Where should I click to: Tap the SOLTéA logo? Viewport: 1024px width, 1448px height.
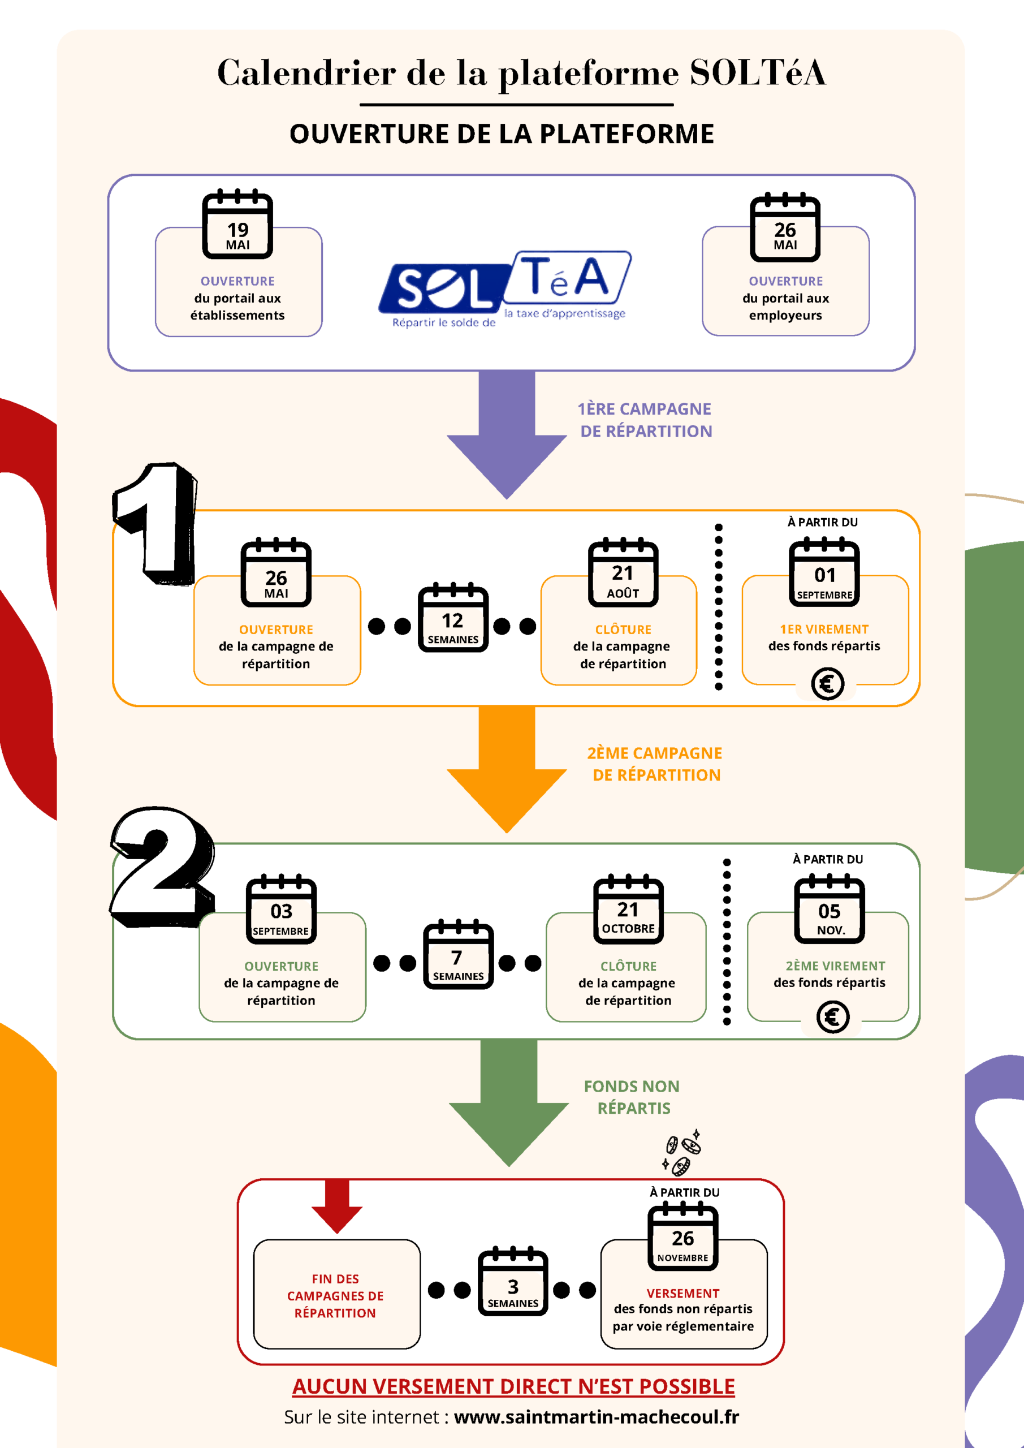pyautogui.click(x=504, y=289)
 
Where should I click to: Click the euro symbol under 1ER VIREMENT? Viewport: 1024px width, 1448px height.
pyautogui.click(x=827, y=684)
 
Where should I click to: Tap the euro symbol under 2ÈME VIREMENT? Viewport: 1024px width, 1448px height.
pyautogui.click(x=832, y=1017)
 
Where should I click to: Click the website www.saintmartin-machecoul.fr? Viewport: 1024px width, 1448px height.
pyautogui.click(x=596, y=1416)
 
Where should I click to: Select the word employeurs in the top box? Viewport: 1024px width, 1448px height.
pyautogui.click(x=785, y=315)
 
